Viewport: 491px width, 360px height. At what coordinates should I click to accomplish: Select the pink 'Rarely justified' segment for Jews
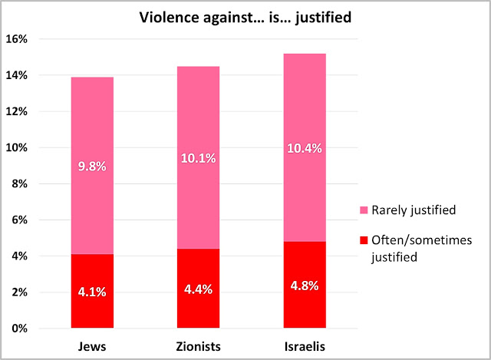(x=91, y=123)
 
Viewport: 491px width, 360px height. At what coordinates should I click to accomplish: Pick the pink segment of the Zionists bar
(x=198, y=115)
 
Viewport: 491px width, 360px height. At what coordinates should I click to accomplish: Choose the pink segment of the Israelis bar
(x=305, y=107)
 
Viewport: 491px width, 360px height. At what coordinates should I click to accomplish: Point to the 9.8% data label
(x=91, y=163)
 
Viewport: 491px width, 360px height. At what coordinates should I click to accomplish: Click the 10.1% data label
(x=198, y=159)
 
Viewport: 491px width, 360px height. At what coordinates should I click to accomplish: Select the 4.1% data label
(x=91, y=292)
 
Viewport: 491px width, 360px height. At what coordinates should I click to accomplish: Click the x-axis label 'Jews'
(x=91, y=347)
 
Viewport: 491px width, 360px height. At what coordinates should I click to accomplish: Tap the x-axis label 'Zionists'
(x=198, y=347)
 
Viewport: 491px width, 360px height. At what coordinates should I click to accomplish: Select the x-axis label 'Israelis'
(x=305, y=347)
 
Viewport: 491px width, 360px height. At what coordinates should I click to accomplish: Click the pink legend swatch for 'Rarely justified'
(x=364, y=210)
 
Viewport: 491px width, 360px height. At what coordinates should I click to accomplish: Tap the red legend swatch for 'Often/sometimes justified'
(x=364, y=241)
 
